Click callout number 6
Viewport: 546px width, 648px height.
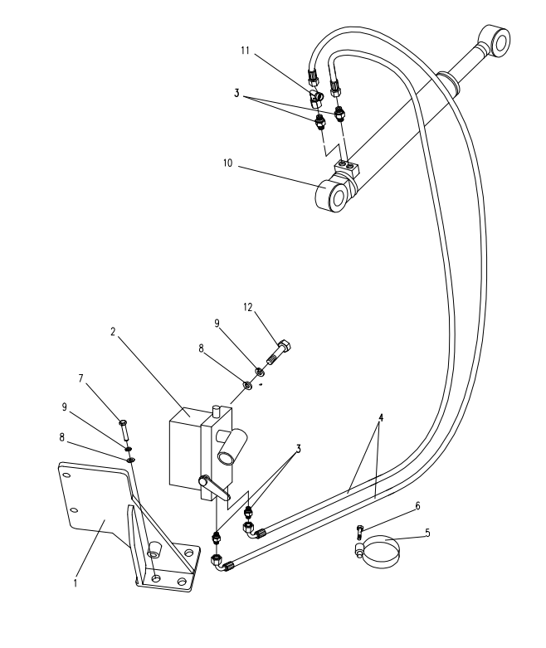[x=418, y=504]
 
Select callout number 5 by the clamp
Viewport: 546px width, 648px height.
[x=427, y=534]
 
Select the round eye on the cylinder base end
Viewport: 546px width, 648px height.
[x=335, y=196]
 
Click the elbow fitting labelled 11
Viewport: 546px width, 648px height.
[x=316, y=100]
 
